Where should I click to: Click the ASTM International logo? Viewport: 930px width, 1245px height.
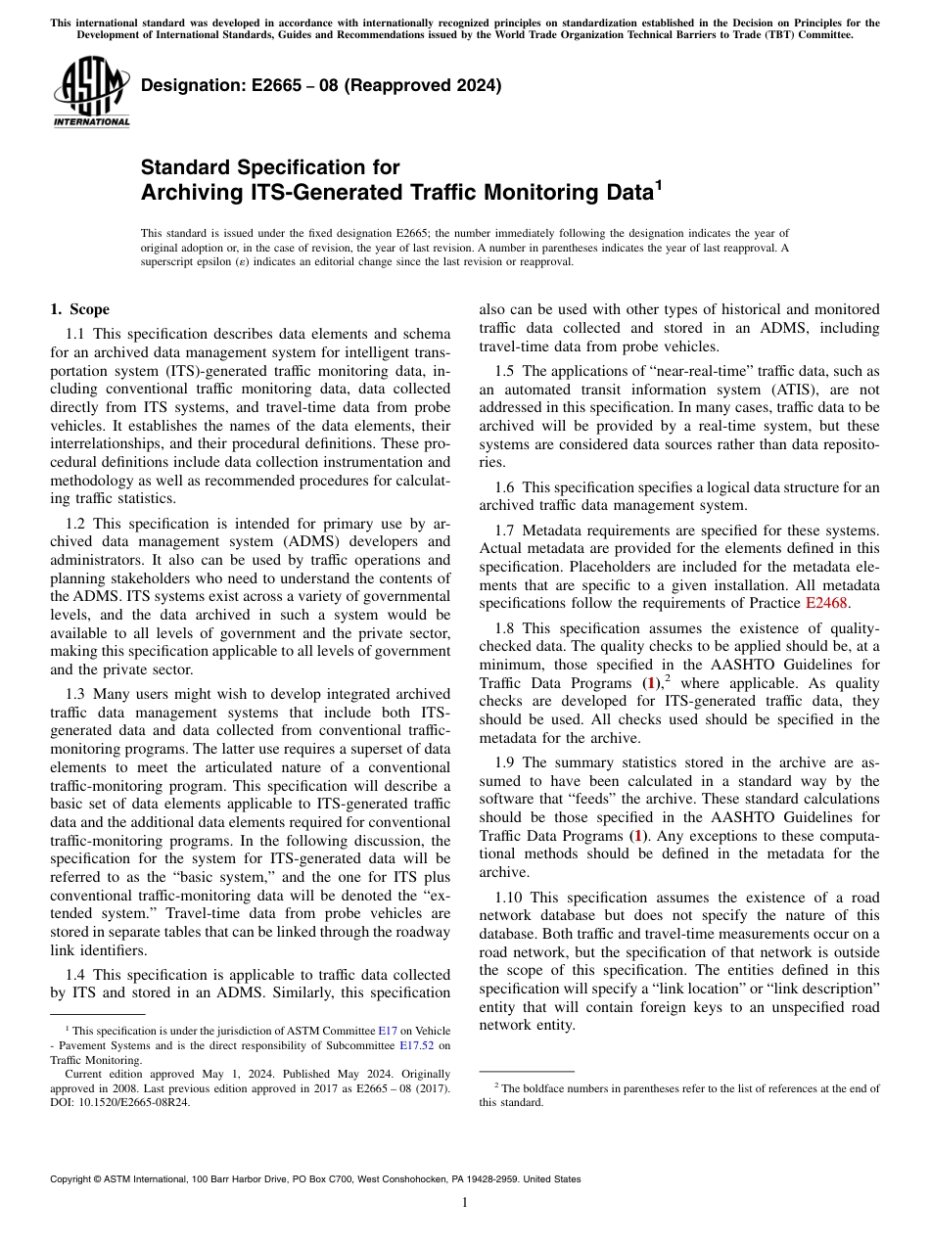click(x=91, y=94)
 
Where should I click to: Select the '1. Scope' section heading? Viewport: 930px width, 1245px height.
click(x=80, y=310)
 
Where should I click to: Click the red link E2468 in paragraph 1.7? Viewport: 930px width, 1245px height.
click(x=826, y=603)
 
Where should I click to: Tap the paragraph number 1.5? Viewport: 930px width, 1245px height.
click(x=507, y=371)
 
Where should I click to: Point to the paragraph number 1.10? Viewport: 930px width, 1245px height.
click(x=510, y=898)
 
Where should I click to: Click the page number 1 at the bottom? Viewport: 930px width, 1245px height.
click(x=465, y=1203)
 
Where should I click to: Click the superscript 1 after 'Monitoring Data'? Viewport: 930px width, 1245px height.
click(x=659, y=185)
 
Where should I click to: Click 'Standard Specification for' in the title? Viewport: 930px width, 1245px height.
click(x=270, y=167)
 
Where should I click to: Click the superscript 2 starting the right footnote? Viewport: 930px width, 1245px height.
click(x=496, y=1085)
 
